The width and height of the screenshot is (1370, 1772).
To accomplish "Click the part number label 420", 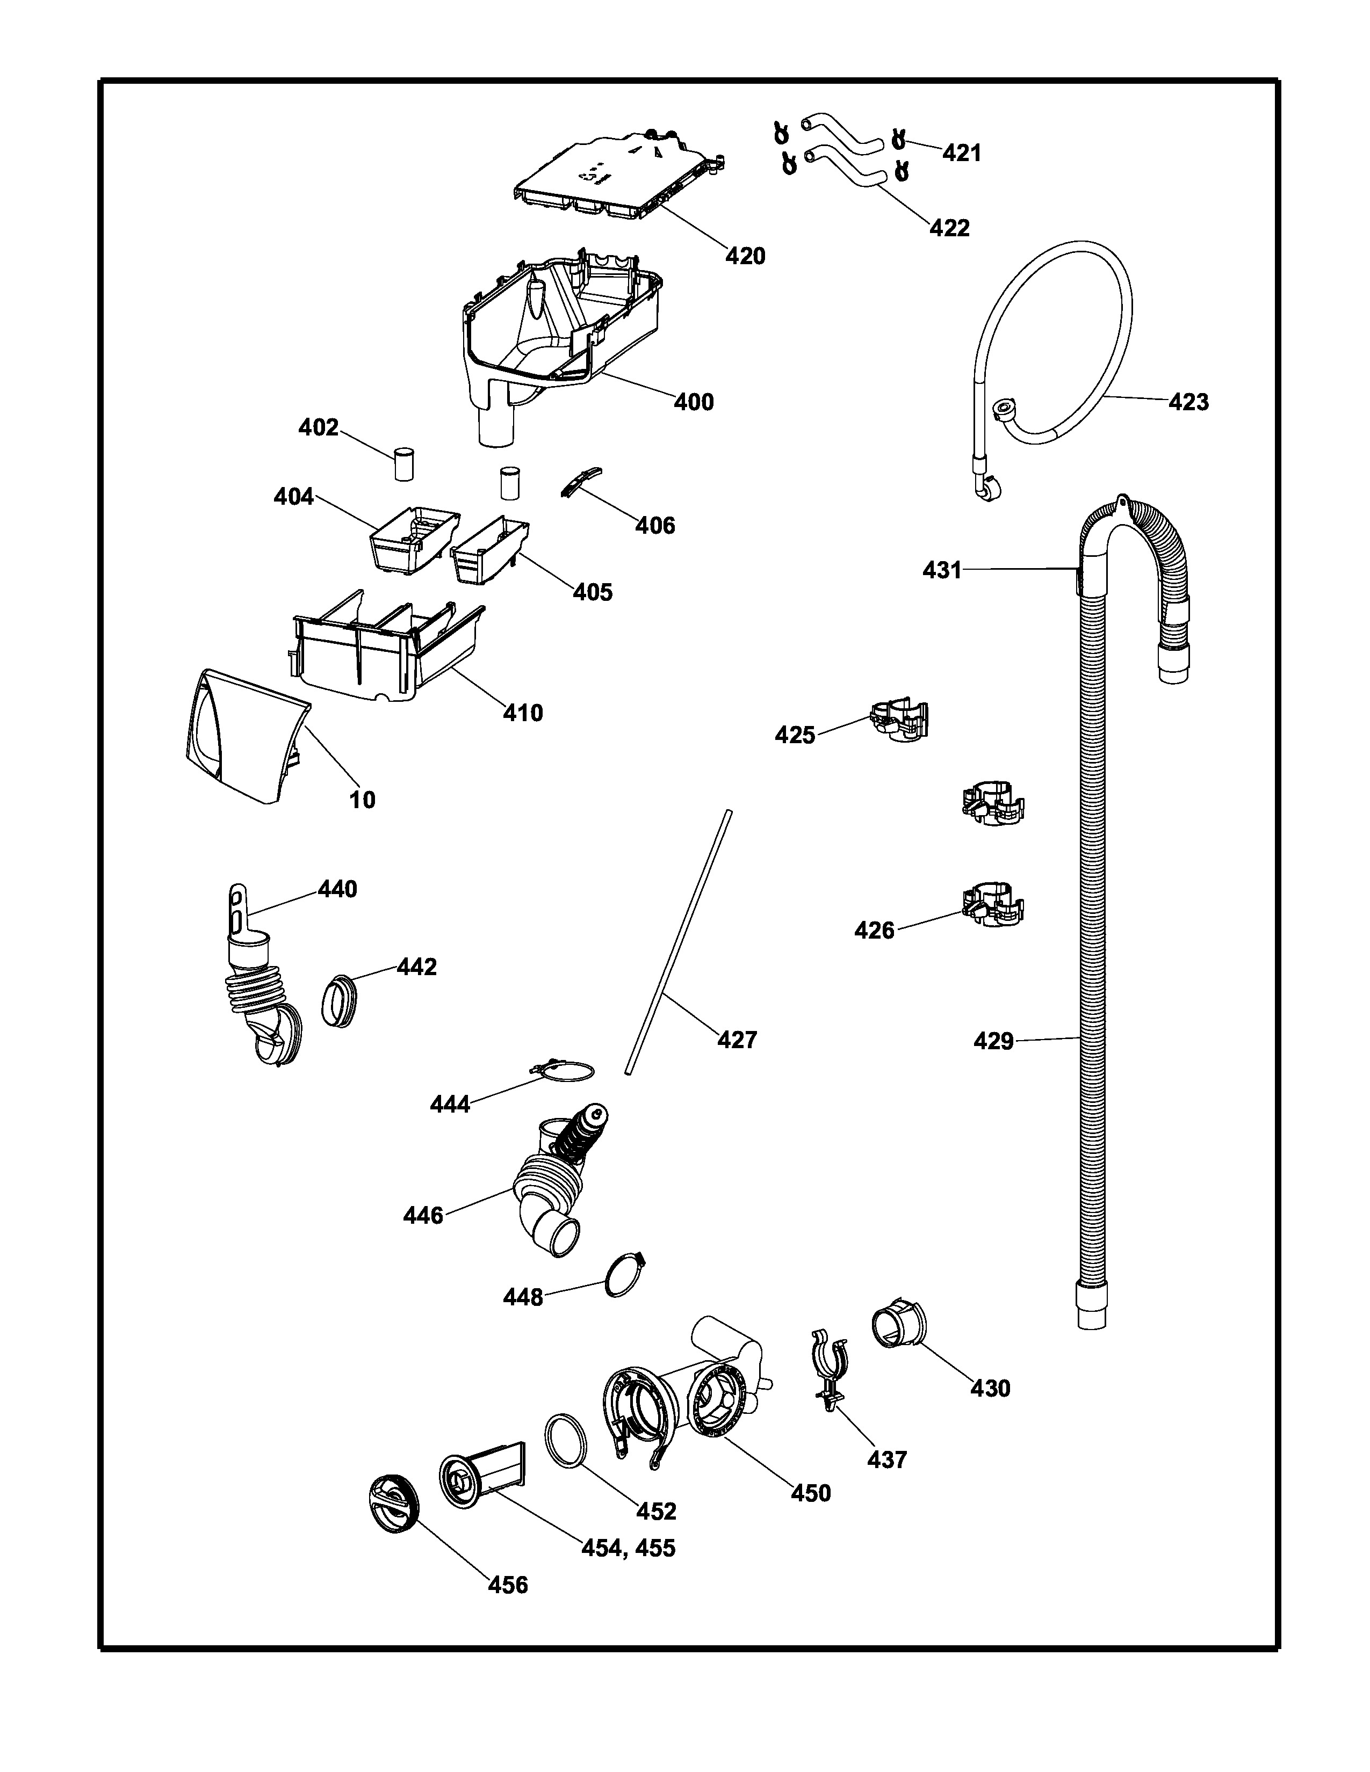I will (x=745, y=256).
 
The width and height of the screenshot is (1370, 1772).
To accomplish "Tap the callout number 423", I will (x=1188, y=402).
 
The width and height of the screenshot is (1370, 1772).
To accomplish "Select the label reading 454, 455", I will (x=628, y=1548).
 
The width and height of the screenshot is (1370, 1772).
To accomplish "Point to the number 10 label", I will (x=362, y=800).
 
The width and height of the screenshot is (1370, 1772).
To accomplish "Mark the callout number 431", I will (x=941, y=570).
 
